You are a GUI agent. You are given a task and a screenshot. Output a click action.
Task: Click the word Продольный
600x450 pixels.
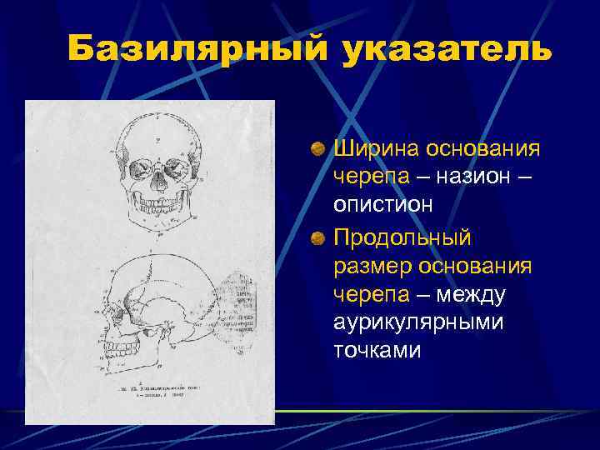point(402,237)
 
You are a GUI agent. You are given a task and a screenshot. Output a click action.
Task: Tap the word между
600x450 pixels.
point(475,296)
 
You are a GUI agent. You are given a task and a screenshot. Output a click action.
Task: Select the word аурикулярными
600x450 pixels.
point(417,322)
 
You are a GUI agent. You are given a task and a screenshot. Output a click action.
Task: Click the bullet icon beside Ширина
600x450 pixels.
point(318,150)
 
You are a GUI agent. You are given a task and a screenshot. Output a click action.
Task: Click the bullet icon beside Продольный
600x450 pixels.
point(318,238)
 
